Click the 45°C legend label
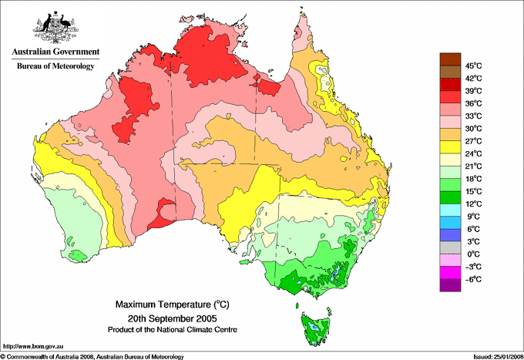[472, 66]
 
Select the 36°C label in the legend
[472, 103]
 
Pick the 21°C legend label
[472, 166]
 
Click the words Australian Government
[55, 52]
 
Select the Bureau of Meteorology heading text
[55, 66]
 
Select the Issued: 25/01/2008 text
[494, 356]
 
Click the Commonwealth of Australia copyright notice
[92, 356]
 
